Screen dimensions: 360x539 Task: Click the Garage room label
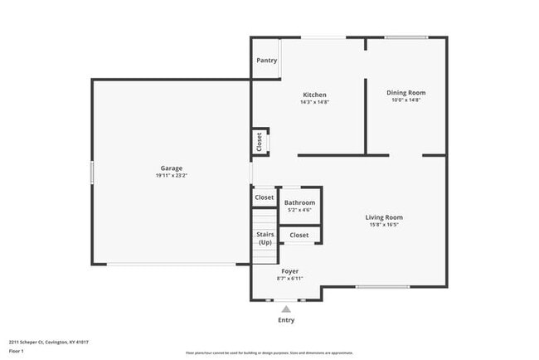pyautogui.click(x=171, y=168)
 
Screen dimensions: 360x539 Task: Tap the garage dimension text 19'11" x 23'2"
pyautogui.click(x=171, y=176)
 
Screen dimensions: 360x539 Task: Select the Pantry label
pyautogui.click(x=266, y=61)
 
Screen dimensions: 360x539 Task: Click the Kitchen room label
pyautogui.click(x=314, y=95)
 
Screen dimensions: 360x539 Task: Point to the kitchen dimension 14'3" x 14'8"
pyautogui.click(x=314, y=102)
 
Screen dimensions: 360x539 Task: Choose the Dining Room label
pyautogui.click(x=406, y=92)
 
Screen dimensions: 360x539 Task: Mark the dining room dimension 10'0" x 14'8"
pyautogui.click(x=406, y=100)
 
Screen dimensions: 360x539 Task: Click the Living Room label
pyautogui.click(x=384, y=217)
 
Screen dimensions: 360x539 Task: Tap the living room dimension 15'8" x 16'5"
pyautogui.click(x=384, y=225)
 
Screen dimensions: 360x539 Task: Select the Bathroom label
pyautogui.click(x=299, y=202)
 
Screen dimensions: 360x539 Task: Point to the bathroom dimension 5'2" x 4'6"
pyautogui.click(x=299, y=210)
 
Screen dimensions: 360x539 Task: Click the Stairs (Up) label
pyautogui.click(x=265, y=238)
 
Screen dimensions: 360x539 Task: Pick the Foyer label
pyautogui.click(x=289, y=271)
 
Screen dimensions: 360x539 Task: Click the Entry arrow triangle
pyautogui.click(x=286, y=309)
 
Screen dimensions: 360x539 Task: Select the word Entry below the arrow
pyautogui.click(x=286, y=320)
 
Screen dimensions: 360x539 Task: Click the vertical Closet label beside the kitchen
pyautogui.click(x=259, y=141)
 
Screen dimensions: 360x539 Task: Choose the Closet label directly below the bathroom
pyautogui.click(x=299, y=236)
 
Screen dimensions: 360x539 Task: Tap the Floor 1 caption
pyautogui.click(x=17, y=352)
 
